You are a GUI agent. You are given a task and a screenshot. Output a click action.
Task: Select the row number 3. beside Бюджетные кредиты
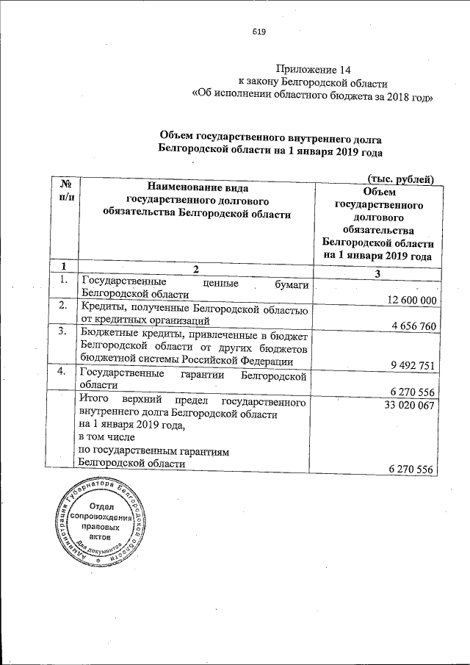(x=63, y=332)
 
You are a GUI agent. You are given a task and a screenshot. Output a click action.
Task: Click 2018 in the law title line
(x=386, y=95)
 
